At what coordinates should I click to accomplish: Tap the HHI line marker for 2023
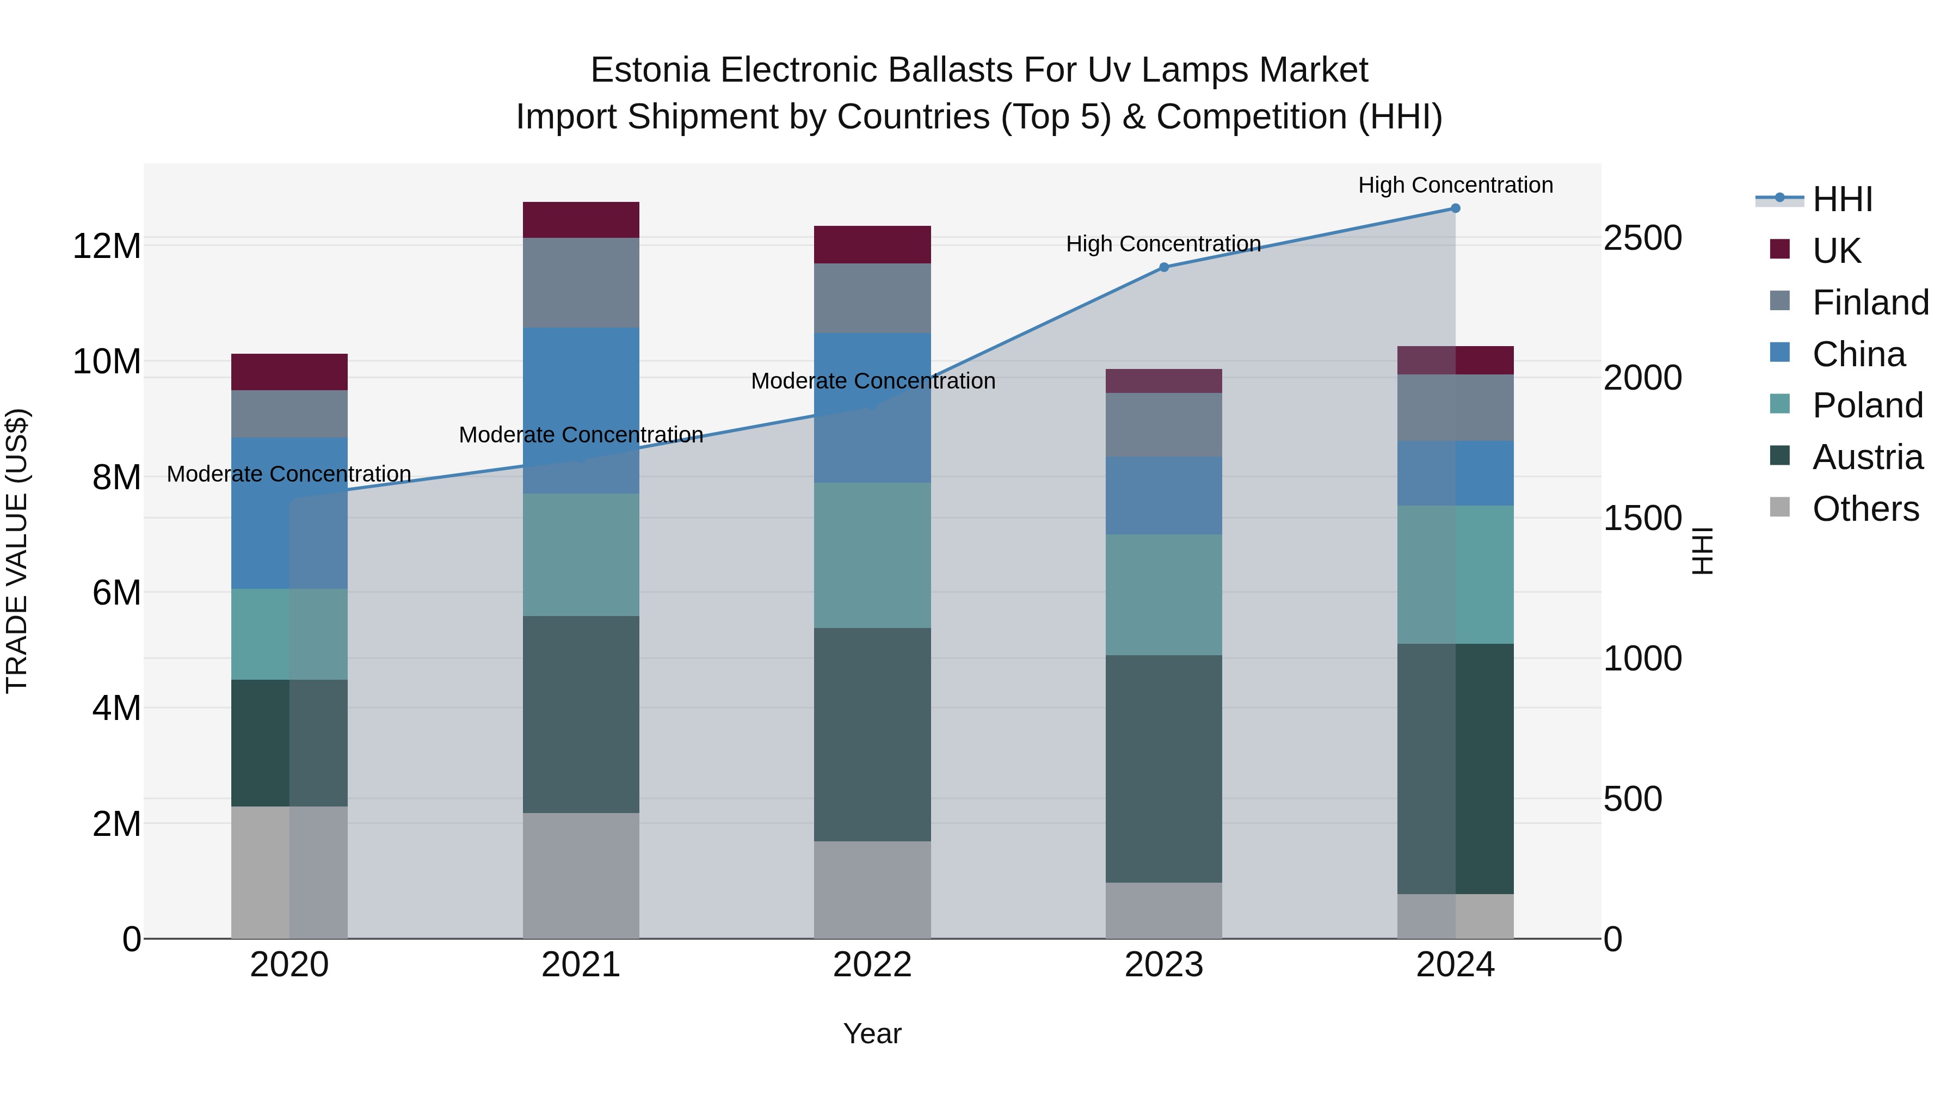tap(1163, 268)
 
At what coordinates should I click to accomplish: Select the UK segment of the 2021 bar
tap(581, 220)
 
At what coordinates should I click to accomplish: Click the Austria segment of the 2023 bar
tap(1163, 768)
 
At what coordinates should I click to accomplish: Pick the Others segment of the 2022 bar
tap(872, 889)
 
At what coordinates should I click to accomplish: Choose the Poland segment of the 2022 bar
tap(872, 555)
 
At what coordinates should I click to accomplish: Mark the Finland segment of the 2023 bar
tap(1163, 424)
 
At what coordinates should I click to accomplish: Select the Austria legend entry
tap(1867, 457)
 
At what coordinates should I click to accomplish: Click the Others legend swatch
tap(1779, 507)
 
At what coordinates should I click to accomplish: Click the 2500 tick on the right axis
tap(1643, 238)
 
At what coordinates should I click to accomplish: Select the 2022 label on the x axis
tap(872, 965)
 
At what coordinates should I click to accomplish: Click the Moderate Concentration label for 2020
tap(289, 474)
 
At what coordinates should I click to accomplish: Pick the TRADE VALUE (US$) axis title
tap(17, 551)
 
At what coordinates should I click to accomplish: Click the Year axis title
tap(872, 1033)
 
